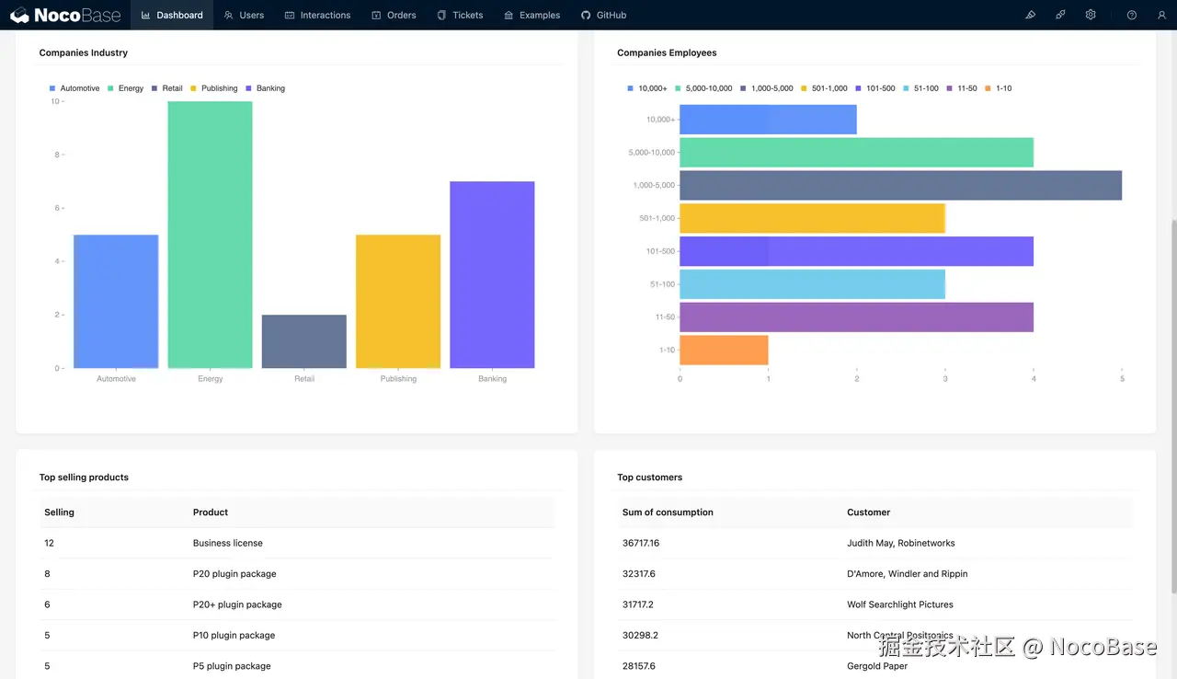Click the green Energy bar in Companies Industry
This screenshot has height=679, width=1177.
pos(210,235)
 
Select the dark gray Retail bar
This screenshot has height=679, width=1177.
pos(303,341)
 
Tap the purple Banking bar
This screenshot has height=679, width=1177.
pos(492,275)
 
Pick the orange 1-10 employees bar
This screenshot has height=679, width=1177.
pos(724,350)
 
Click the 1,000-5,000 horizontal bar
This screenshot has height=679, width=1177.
pos(900,185)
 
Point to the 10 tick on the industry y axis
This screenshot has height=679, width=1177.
pos(55,101)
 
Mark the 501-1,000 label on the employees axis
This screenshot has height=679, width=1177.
pos(657,218)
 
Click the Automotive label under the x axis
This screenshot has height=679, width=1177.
pos(116,379)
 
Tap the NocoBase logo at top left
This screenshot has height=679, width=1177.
pos(65,15)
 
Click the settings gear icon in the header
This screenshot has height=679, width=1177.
pos(1091,15)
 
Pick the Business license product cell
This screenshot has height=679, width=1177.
pos(228,543)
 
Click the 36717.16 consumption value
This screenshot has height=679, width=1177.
pos(641,543)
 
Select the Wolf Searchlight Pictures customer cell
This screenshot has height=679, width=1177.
pos(899,604)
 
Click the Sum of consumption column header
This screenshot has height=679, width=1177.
pos(668,512)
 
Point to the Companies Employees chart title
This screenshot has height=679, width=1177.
pos(667,53)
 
